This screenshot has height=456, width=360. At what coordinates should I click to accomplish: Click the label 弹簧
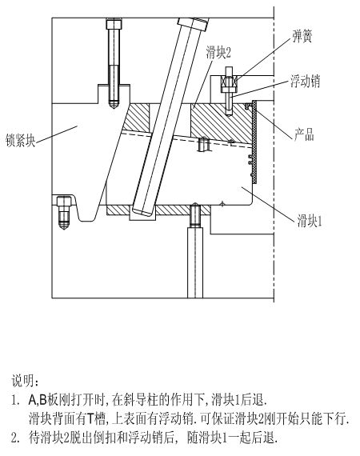(x=302, y=37)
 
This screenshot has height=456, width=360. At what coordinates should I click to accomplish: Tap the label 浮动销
(x=306, y=81)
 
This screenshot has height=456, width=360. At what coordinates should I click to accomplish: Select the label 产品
(x=304, y=134)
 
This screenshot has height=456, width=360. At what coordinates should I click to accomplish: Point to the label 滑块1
(x=310, y=221)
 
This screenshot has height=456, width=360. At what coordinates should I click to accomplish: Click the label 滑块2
(x=218, y=53)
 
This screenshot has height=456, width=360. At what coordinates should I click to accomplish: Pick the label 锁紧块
(x=21, y=140)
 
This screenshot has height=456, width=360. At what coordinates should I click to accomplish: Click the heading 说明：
(x=25, y=381)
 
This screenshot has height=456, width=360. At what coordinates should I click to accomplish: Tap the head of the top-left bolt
(x=114, y=24)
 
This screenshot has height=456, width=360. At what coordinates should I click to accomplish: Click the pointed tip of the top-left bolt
(x=114, y=106)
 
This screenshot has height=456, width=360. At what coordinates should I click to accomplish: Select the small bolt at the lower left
(x=64, y=212)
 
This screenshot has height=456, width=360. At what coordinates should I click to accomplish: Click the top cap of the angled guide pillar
(x=193, y=24)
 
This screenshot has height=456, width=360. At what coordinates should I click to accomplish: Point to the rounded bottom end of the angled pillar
(x=142, y=211)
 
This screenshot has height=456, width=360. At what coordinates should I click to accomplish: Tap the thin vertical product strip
(x=254, y=142)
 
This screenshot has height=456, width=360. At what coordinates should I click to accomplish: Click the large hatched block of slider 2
(x=221, y=123)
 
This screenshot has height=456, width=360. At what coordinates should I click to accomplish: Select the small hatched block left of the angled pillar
(x=136, y=118)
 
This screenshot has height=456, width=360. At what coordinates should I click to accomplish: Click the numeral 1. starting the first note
(x=15, y=401)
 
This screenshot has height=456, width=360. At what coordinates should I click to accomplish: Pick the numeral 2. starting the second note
(x=15, y=438)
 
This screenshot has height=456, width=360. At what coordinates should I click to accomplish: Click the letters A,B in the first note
(x=38, y=401)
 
